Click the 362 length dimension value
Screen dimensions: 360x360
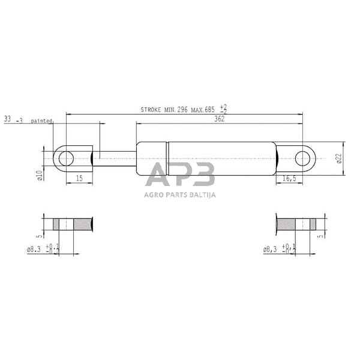pos(219,119)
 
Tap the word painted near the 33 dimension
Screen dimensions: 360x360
pos(43,120)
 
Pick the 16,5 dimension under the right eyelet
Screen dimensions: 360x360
pos(290,179)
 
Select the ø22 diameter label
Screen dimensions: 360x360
pos(340,158)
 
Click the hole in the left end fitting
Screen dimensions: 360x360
pos(66,158)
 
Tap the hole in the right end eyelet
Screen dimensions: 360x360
pos(305,159)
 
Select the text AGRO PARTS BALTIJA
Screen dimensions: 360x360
pos(180,194)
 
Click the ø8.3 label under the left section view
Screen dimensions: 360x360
pos(35,248)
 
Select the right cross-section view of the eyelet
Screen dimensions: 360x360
pos(298,226)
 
